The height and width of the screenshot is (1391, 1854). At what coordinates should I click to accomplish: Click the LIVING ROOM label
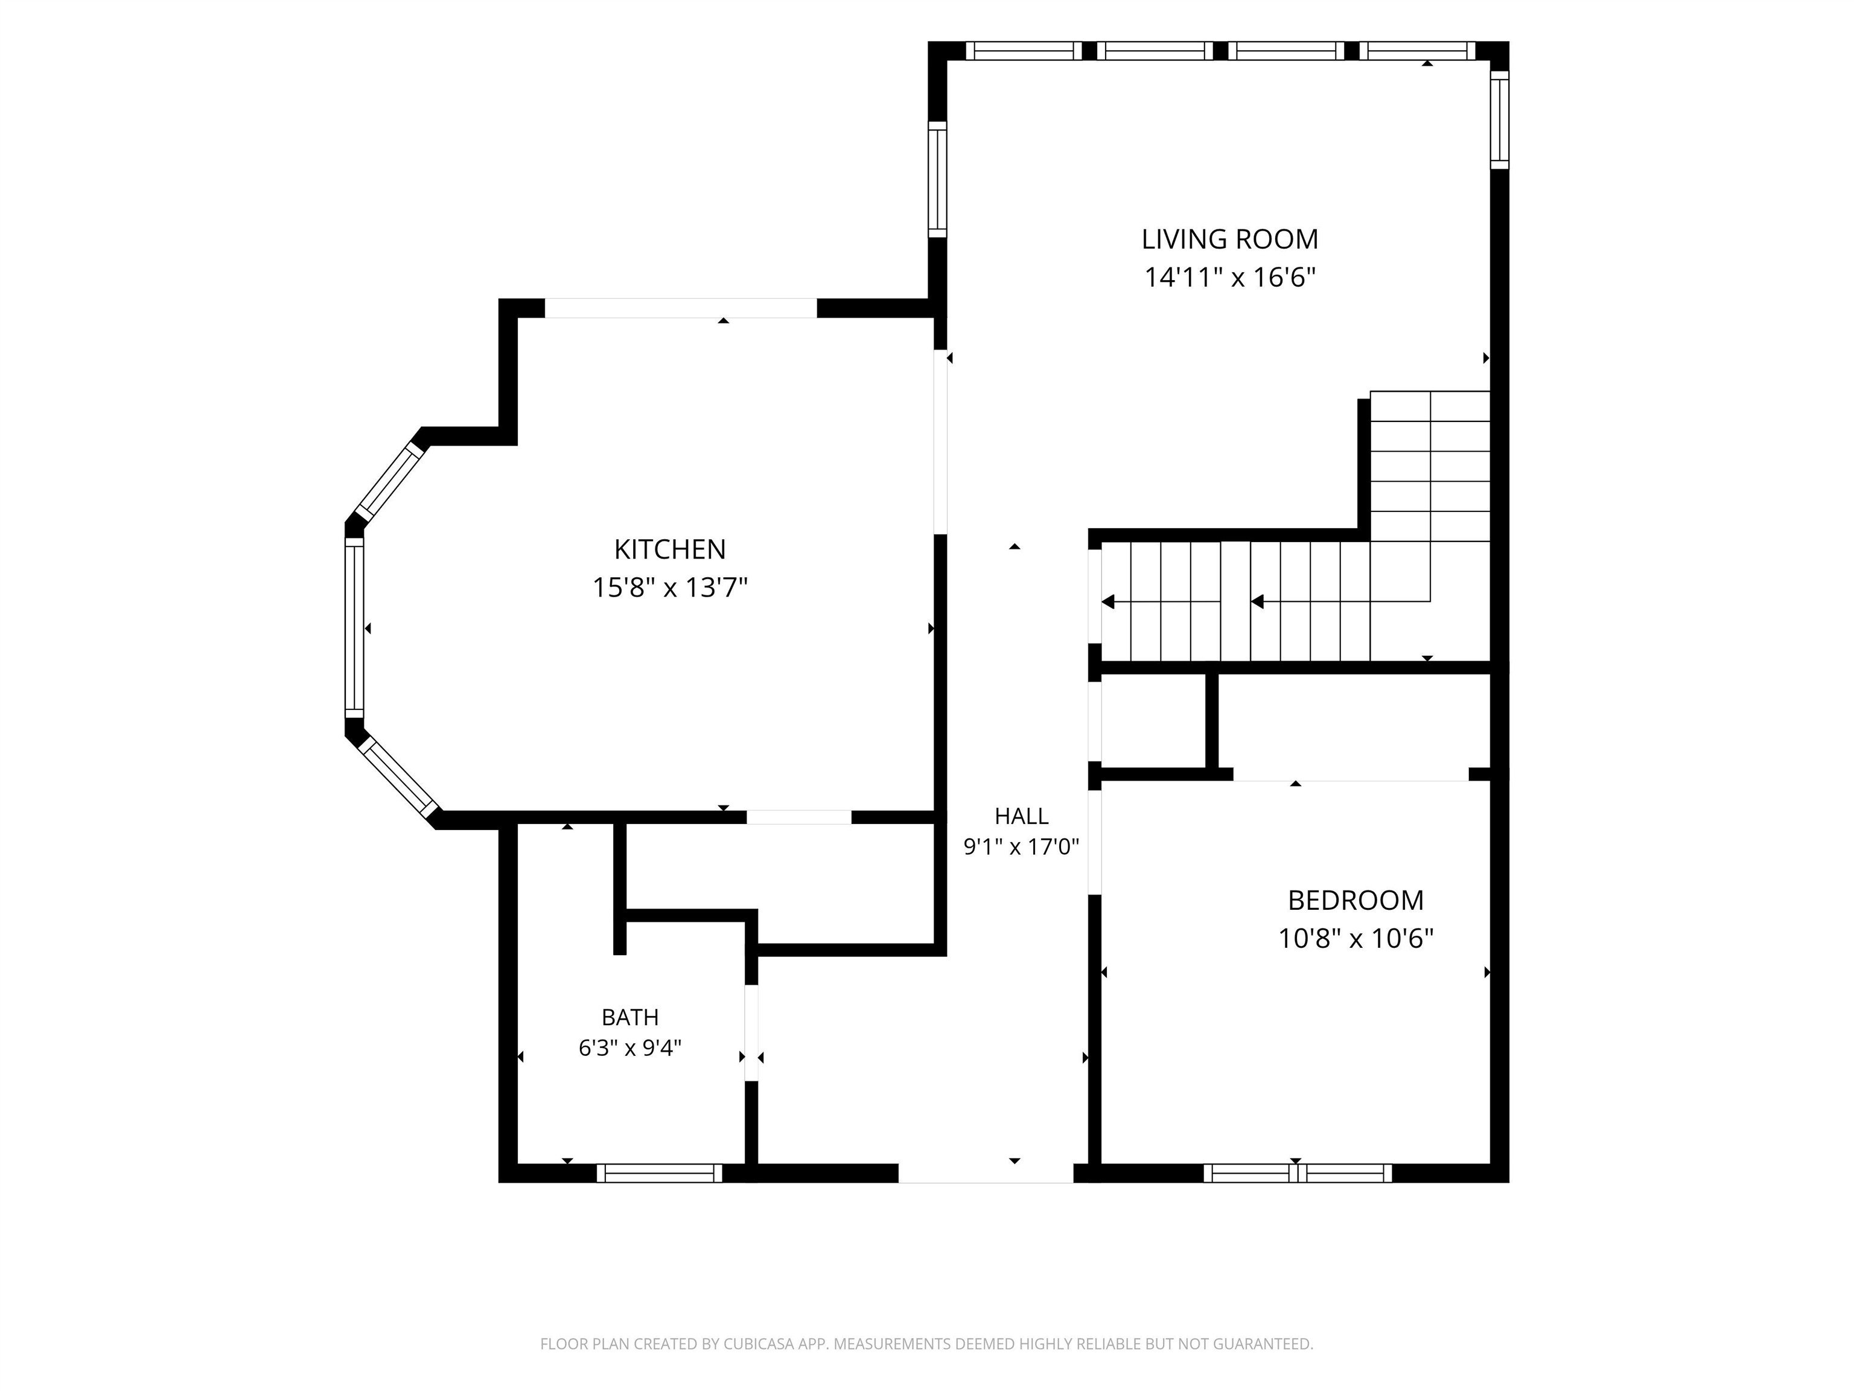tap(1229, 240)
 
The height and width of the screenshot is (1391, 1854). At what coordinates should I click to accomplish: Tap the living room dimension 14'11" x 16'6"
tap(1229, 278)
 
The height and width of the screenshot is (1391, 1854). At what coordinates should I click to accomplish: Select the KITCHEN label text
tap(670, 550)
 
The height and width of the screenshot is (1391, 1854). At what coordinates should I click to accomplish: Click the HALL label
tap(1021, 816)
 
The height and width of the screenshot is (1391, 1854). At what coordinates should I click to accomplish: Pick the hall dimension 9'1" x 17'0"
tap(1021, 847)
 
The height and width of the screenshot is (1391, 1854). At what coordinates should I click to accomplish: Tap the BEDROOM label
tap(1355, 901)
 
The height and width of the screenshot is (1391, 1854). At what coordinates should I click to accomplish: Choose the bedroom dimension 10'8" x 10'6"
tap(1355, 938)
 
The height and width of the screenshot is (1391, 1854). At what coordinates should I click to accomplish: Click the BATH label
tap(629, 1017)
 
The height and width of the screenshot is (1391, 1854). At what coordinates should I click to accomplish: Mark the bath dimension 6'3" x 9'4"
tap(629, 1048)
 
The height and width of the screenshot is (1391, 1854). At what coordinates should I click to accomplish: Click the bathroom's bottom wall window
tap(659, 1173)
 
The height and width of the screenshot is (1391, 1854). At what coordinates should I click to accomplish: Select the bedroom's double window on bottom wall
tap(1298, 1173)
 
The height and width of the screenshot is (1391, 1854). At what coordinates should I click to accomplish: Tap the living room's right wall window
tap(1500, 119)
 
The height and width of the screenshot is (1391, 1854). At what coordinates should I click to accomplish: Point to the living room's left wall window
tap(937, 179)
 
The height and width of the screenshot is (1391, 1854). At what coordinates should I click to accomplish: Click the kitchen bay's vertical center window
tap(354, 627)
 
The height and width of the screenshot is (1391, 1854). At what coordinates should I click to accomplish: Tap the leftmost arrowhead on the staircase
tap(1108, 601)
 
